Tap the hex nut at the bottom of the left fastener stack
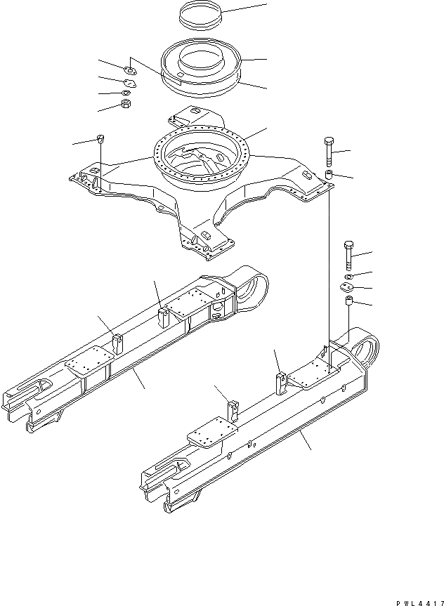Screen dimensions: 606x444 (x=126, y=105)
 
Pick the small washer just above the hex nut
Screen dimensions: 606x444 (x=126, y=93)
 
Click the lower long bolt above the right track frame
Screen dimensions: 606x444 (x=349, y=255)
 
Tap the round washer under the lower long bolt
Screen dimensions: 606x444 (x=350, y=275)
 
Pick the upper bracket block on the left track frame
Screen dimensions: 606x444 (x=163, y=315)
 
